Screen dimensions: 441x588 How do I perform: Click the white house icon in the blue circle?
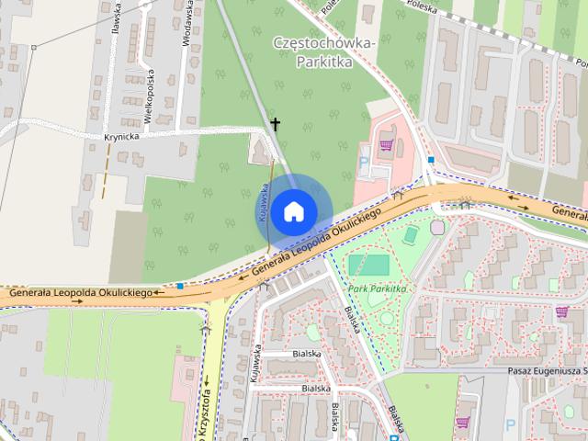point(293,211)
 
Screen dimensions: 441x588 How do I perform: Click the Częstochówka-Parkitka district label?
point(324,52)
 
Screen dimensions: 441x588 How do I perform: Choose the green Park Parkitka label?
point(376,288)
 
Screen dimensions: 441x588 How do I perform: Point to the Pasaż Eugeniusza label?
point(548,371)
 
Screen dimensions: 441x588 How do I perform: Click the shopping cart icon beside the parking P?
point(387,144)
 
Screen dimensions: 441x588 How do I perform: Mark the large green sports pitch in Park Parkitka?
point(367,266)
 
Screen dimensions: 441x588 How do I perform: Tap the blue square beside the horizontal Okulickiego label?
point(181,287)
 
